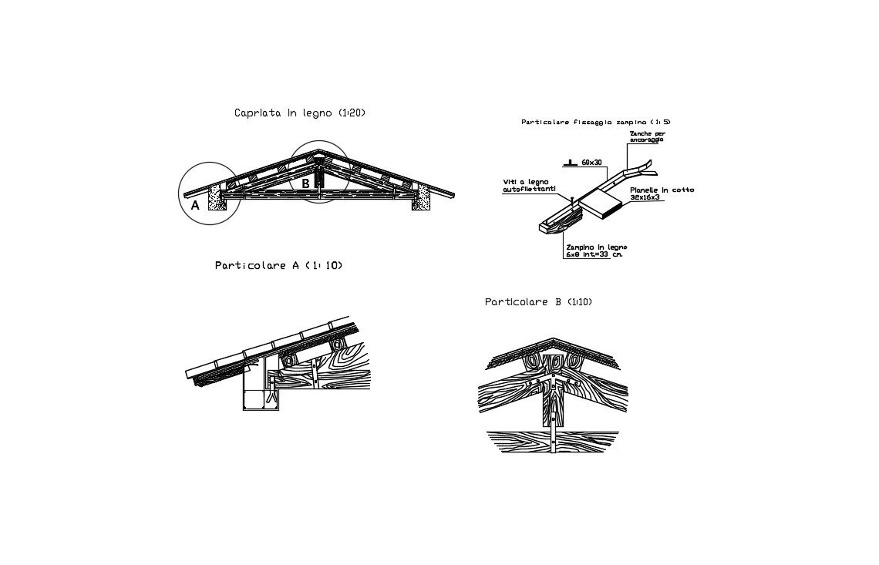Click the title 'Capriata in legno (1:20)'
299,113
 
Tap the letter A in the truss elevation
195,205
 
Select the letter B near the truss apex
305,183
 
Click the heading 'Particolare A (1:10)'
278,266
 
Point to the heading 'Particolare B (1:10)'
538,302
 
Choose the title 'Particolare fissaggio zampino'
595,122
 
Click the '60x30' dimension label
593,163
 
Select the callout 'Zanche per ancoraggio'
647,136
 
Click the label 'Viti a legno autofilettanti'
529,185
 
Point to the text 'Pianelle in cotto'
661,190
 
